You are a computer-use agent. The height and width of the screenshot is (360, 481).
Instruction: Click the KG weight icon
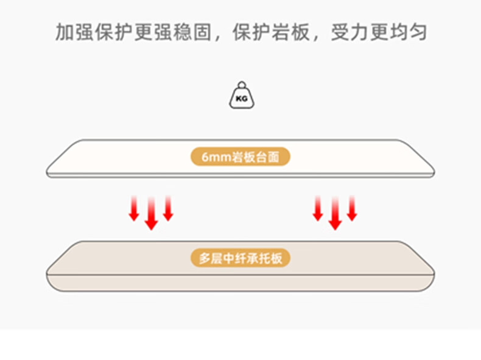point(240,97)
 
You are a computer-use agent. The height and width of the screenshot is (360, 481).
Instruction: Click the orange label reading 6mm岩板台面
point(240,157)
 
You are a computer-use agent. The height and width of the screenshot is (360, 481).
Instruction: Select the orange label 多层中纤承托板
point(240,258)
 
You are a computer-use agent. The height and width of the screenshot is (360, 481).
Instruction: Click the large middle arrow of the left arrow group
point(152,214)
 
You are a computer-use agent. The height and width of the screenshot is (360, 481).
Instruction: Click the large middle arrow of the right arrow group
point(334,214)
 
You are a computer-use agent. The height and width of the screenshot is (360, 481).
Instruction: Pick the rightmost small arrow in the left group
point(169,209)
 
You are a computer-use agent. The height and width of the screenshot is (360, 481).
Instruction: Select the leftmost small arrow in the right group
point(317,209)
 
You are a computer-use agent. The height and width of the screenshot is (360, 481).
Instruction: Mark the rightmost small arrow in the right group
point(351,209)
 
